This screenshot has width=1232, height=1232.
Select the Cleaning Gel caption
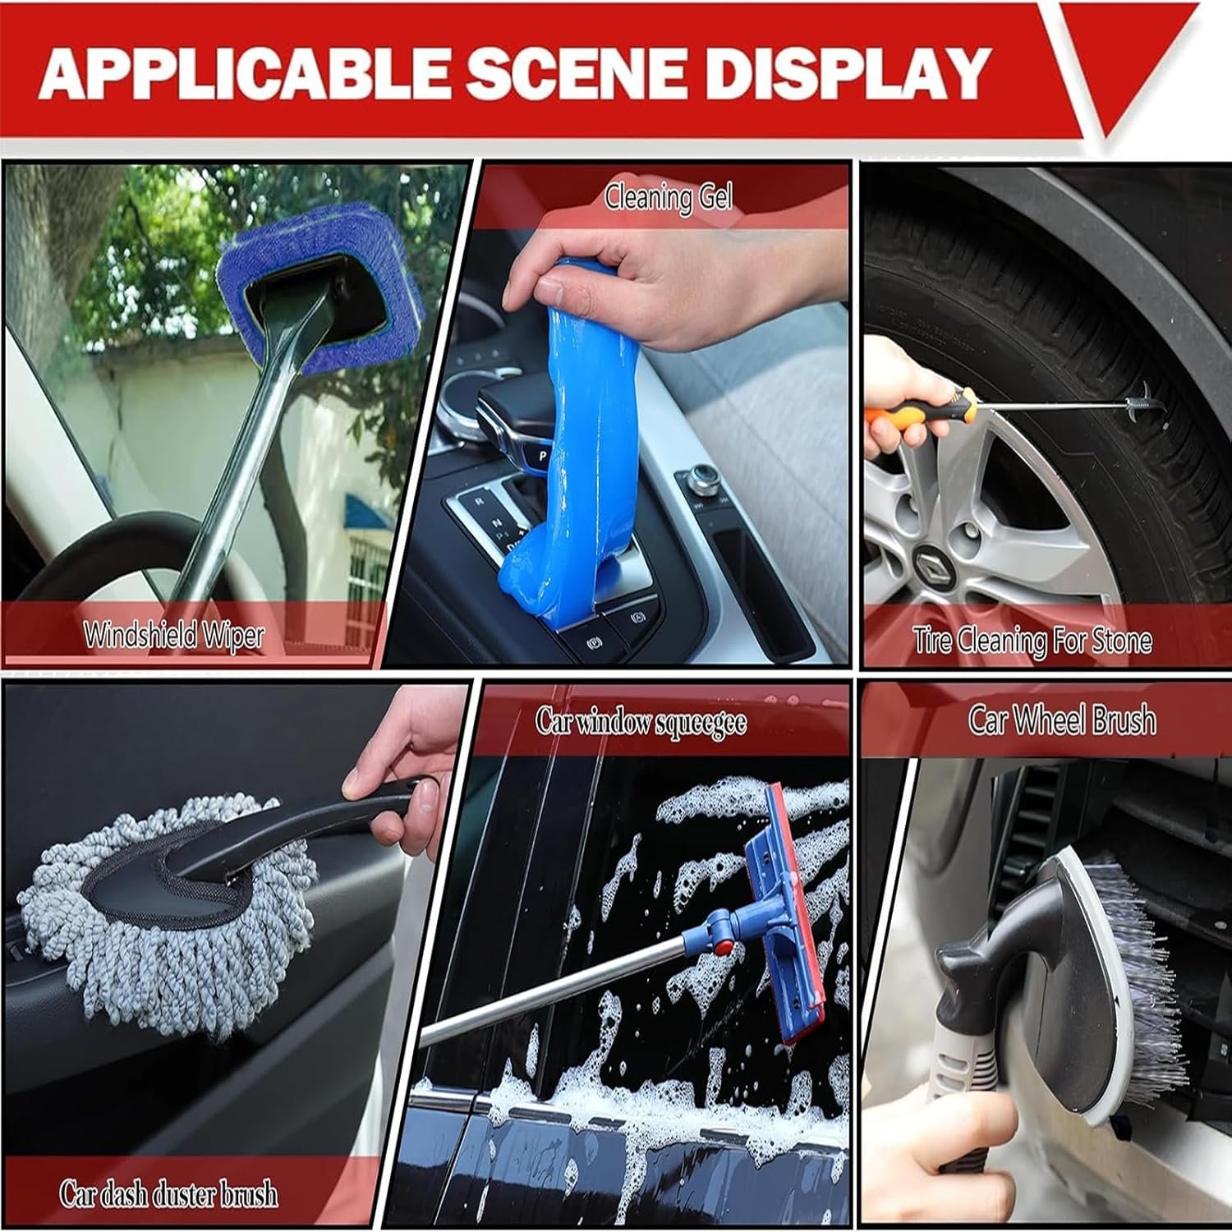coord(668,197)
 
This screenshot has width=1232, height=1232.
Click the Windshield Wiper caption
coord(173,635)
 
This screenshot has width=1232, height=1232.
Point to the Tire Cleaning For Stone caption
coord(1032,641)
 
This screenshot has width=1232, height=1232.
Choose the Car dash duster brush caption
coord(168,1193)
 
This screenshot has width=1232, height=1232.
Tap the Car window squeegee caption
coord(641,722)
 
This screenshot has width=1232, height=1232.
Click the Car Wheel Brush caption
coord(1061,719)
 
